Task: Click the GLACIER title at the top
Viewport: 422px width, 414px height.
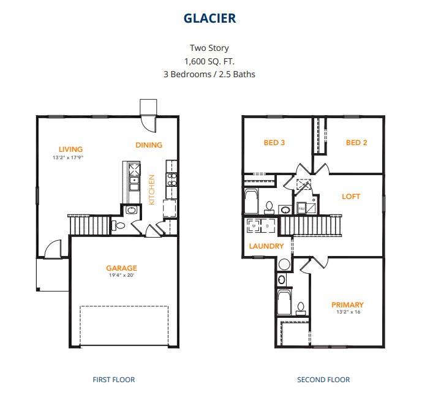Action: pyautogui.click(x=209, y=18)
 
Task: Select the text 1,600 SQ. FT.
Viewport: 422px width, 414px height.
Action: pyautogui.click(x=209, y=61)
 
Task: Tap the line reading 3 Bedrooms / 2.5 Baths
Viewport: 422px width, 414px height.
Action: pyautogui.click(x=209, y=74)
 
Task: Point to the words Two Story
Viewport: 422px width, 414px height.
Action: pyautogui.click(x=209, y=48)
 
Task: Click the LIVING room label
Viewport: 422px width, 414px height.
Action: pyautogui.click(x=70, y=149)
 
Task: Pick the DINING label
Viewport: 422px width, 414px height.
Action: pyautogui.click(x=149, y=145)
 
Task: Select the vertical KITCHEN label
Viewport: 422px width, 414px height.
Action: pyautogui.click(x=152, y=189)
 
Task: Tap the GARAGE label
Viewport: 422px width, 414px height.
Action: pyautogui.click(x=121, y=268)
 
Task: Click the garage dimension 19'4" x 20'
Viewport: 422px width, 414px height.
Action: pyautogui.click(x=121, y=276)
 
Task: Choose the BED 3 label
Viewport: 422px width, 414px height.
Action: pyautogui.click(x=274, y=143)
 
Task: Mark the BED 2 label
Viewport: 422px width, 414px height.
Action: pyautogui.click(x=356, y=143)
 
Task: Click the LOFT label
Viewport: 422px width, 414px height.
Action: pyautogui.click(x=351, y=197)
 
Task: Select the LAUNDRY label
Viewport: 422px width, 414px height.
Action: pyautogui.click(x=266, y=246)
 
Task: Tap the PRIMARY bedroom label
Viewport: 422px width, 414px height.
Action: pyautogui.click(x=347, y=304)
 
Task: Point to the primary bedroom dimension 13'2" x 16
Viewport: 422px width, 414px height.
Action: pyautogui.click(x=347, y=312)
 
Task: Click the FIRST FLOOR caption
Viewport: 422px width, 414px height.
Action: pyautogui.click(x=114, y=380)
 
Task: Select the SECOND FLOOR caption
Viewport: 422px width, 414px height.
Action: pyautogui.click(x=323, y=380)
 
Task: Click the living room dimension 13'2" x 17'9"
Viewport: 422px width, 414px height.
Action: pyautogui.click(x=67, y=157)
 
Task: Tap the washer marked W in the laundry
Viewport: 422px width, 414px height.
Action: pyautogui.click(x=255, y=226)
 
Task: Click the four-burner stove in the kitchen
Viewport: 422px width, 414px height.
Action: pyautogui.click(x=172, y=179)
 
